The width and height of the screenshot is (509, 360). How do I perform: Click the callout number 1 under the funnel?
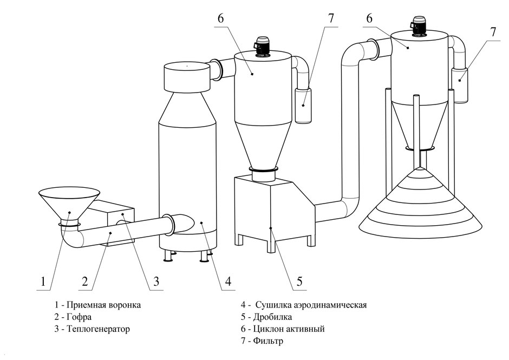coord(43,281)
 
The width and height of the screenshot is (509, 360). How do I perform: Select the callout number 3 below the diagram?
coord(156,281)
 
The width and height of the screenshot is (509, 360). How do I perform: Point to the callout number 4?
coord(228,281)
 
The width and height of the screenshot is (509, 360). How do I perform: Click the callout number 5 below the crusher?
coord(298,281)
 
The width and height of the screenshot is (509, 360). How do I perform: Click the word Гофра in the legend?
coord(80,317)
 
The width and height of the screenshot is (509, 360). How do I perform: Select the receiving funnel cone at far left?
coord(69,201)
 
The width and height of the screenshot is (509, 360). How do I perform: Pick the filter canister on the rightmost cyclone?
coord(460,84)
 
